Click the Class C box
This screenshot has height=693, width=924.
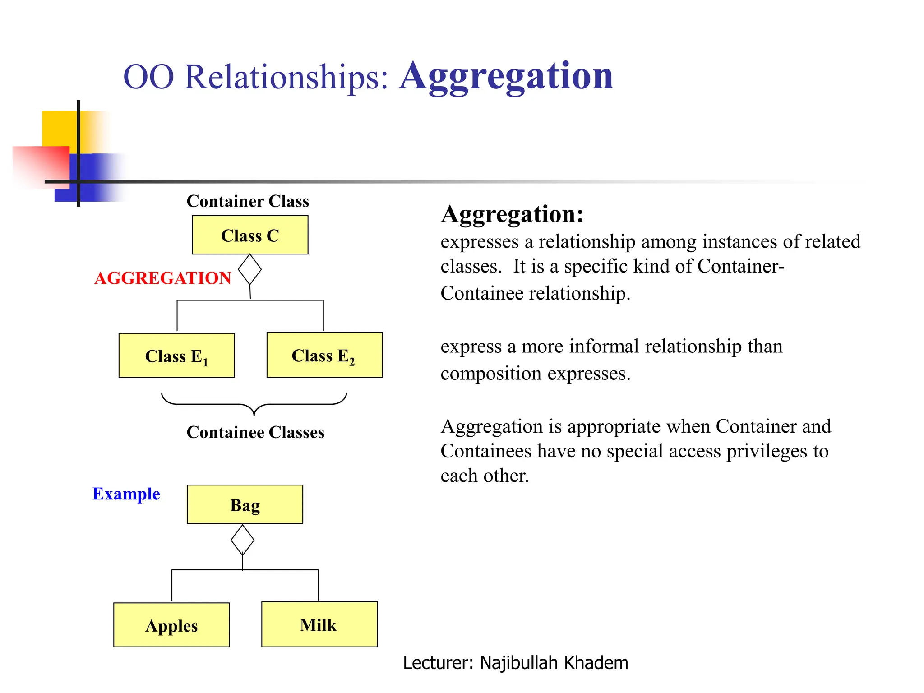(250, 235)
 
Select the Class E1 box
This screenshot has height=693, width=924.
(176, 356)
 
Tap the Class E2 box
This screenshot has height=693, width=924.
(324, 355)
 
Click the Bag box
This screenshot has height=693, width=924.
(245, 504)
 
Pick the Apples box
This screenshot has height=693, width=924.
(171, 625)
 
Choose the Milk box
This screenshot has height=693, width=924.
(319, 624)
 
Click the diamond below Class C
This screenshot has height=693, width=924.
(249, 270)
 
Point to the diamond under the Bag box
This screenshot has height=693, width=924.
(242, 540)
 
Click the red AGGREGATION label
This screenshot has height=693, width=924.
(162, 278)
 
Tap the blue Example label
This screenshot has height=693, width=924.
(126, 494)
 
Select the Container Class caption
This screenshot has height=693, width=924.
(248, 201)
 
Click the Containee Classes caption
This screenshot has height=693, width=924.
(255, 432)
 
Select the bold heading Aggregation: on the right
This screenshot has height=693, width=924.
(512, 214)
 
